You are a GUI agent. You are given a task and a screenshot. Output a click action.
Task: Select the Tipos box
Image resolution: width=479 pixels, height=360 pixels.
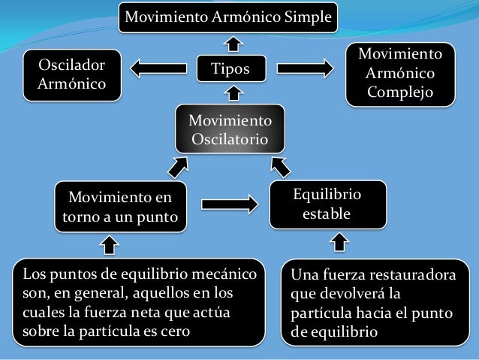click(x=231, y=69)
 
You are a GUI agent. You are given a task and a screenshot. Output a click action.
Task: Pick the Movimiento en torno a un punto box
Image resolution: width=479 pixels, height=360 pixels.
click(x=120, y=207)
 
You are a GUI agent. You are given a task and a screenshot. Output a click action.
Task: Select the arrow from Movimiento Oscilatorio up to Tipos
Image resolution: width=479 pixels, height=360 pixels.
click(x=233, y=95)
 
